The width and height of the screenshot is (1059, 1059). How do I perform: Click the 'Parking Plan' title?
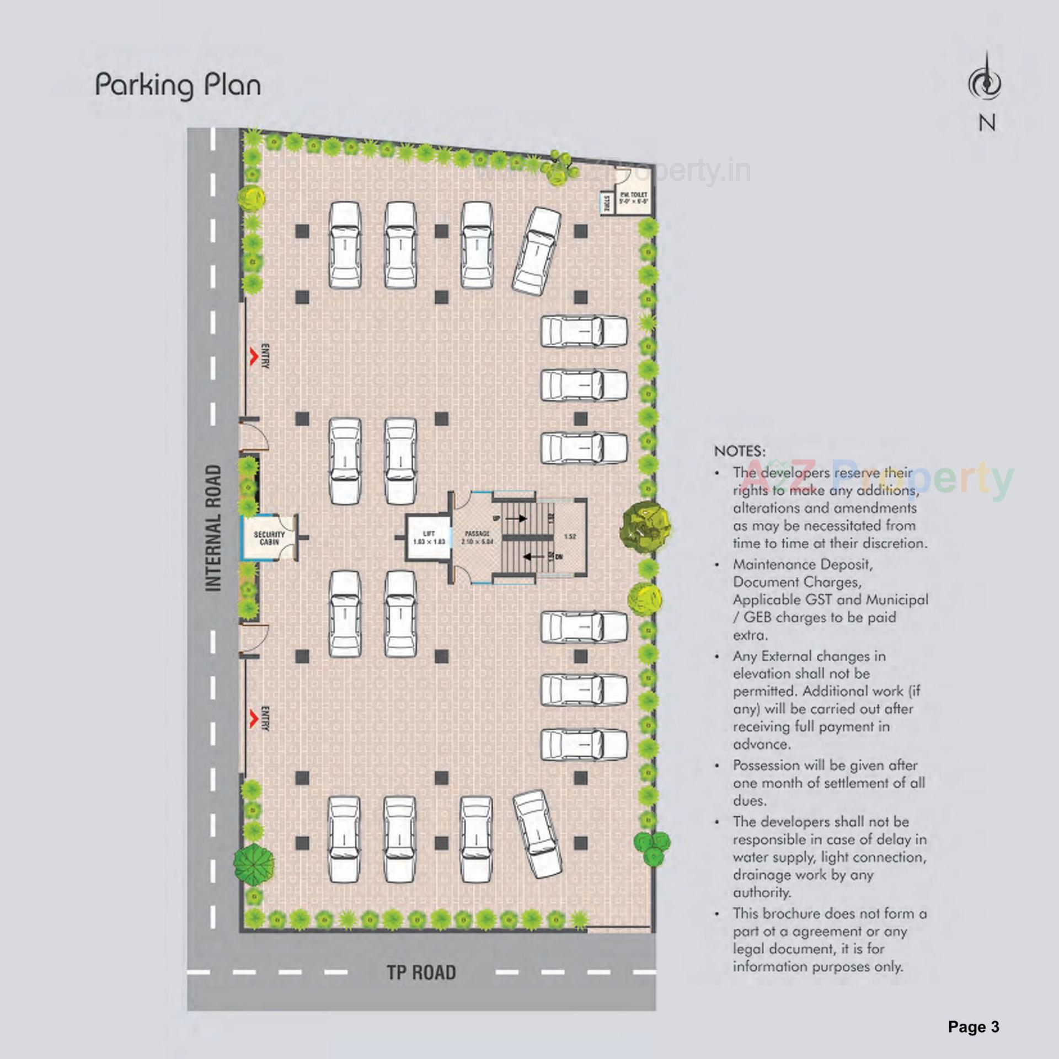click(x=178, y=86)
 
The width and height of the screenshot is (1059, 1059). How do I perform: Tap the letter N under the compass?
click(x=987, y=123)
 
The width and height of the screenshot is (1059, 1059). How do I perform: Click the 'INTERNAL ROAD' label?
click(x=213, y=528)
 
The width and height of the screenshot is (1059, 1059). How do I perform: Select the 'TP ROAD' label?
click(x=421, y=972)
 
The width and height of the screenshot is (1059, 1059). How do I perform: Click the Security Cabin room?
click(x=269, y=538)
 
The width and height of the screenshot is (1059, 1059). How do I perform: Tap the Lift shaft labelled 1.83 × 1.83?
click(x=429, y=538)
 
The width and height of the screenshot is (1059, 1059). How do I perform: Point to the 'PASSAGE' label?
click(x=477, y=534)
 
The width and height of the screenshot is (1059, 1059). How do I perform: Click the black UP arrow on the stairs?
click(x=516, y=518)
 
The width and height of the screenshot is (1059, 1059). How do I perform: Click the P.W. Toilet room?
click(x=633, y=199)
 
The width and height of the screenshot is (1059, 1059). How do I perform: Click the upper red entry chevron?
click(x=254, y=356)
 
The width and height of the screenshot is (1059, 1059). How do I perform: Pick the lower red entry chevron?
click(x=254, y=718)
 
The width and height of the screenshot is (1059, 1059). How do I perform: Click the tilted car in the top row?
click(x=537, y=251)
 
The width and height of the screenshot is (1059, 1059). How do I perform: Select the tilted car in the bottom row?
click(x=537, y=833)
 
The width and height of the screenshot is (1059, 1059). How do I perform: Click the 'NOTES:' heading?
click(x=740, y=451)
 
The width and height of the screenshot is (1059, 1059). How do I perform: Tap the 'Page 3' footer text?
click(x=974, y=1026)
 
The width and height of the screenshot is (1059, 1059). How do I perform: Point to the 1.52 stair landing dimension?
click(x=570, y=536)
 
